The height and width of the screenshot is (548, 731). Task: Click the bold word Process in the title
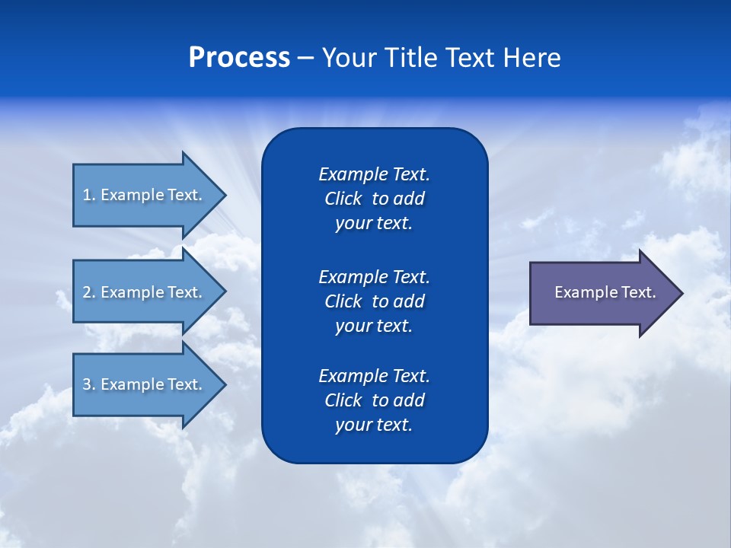[x=239, y=58]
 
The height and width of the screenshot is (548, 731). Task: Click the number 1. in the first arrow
[x=88, y=195]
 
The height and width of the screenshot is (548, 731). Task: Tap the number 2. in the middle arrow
[x=88, y=292]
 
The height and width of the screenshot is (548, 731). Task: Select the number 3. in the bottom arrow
[x=88, y=384]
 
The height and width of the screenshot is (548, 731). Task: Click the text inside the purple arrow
[x=605, y=292]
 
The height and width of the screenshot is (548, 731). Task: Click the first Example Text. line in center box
[x=374, y=174]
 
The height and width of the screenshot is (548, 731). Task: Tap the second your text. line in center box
[x=374, y=326]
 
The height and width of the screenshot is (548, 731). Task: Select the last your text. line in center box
[x=374, y=425]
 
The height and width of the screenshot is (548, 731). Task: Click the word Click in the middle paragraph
[x=343, y=301]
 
